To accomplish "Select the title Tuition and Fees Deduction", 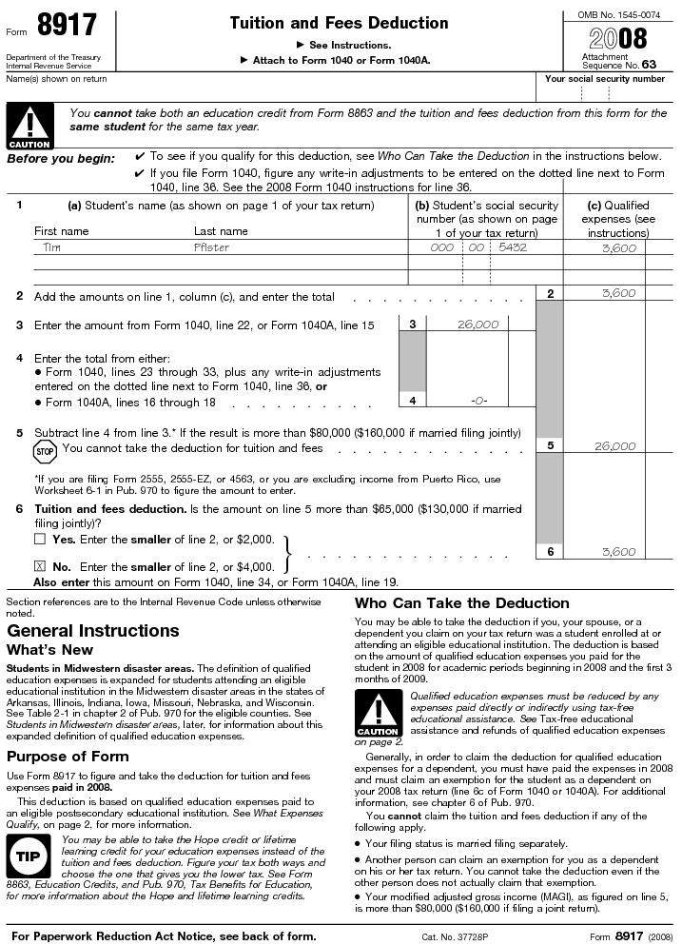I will (339, 23).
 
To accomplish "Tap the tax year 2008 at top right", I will (618, 38).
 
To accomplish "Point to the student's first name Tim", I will (51, 247).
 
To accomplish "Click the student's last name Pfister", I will (211, 247).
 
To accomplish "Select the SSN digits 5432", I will (512, 247).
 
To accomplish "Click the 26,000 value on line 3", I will (477, 325).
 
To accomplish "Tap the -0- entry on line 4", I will (478, 401).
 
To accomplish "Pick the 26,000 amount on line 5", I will (614, 446).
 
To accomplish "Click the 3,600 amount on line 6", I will (618, 552).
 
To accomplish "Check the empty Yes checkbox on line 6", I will (40, 540).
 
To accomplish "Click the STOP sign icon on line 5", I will (46, 449).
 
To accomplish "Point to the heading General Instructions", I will (92, 631).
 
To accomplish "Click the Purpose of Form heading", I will (68, 757).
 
